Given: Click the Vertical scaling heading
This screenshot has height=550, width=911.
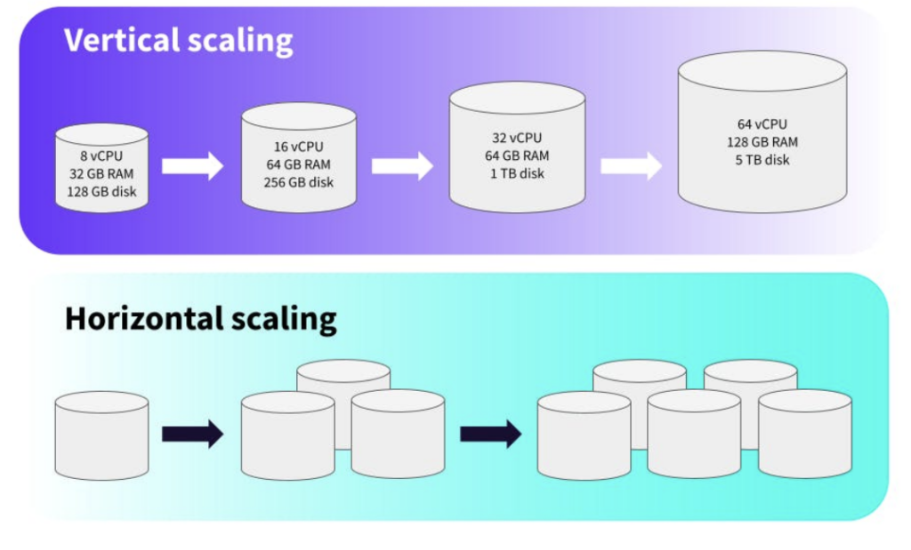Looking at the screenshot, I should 178,41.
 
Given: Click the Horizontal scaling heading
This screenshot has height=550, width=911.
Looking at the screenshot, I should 200,317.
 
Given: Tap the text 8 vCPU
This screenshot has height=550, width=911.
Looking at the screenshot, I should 101,156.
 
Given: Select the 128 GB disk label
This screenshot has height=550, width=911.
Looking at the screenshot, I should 101,191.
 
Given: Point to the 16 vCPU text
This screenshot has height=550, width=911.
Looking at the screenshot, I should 299,147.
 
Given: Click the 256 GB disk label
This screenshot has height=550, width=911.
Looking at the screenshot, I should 299,182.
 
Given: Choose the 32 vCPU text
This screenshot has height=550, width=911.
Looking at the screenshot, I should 516,138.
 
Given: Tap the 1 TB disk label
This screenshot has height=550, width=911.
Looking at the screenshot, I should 516,173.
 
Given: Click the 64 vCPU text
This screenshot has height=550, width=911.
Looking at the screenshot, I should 762,124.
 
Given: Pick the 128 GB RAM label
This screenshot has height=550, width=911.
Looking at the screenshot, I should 762,142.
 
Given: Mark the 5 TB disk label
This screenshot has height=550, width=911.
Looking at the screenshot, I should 762,160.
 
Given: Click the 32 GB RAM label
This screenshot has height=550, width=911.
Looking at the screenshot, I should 101,174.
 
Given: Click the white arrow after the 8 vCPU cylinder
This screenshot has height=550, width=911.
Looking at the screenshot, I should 192,165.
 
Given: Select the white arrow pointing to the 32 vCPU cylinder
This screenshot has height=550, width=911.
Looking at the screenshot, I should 402,165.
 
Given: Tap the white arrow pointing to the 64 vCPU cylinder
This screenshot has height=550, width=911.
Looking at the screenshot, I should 631,165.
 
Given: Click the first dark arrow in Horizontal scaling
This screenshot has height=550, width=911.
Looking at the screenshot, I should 192,434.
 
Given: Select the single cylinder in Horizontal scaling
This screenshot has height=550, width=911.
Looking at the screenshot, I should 101,435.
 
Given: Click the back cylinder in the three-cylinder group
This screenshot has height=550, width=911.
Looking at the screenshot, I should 343,377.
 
